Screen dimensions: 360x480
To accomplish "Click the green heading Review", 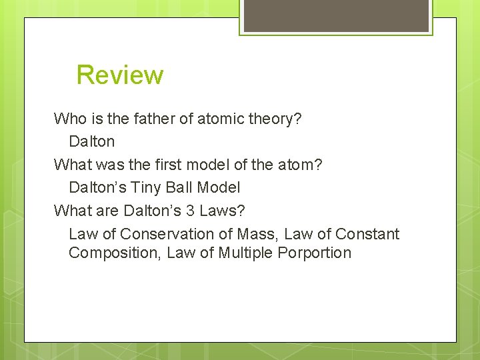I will (119, 75).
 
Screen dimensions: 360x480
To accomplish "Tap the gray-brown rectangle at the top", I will (336, 15).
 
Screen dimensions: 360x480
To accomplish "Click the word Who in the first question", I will (70, 119).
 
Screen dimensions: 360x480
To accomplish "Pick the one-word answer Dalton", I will (92, 141).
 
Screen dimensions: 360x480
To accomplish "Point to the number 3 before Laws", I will (190, 211).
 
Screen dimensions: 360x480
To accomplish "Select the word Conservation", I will (159, 234).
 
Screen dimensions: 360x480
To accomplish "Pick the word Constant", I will (367, 234).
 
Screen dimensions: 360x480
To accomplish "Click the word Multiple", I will (243, 253).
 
